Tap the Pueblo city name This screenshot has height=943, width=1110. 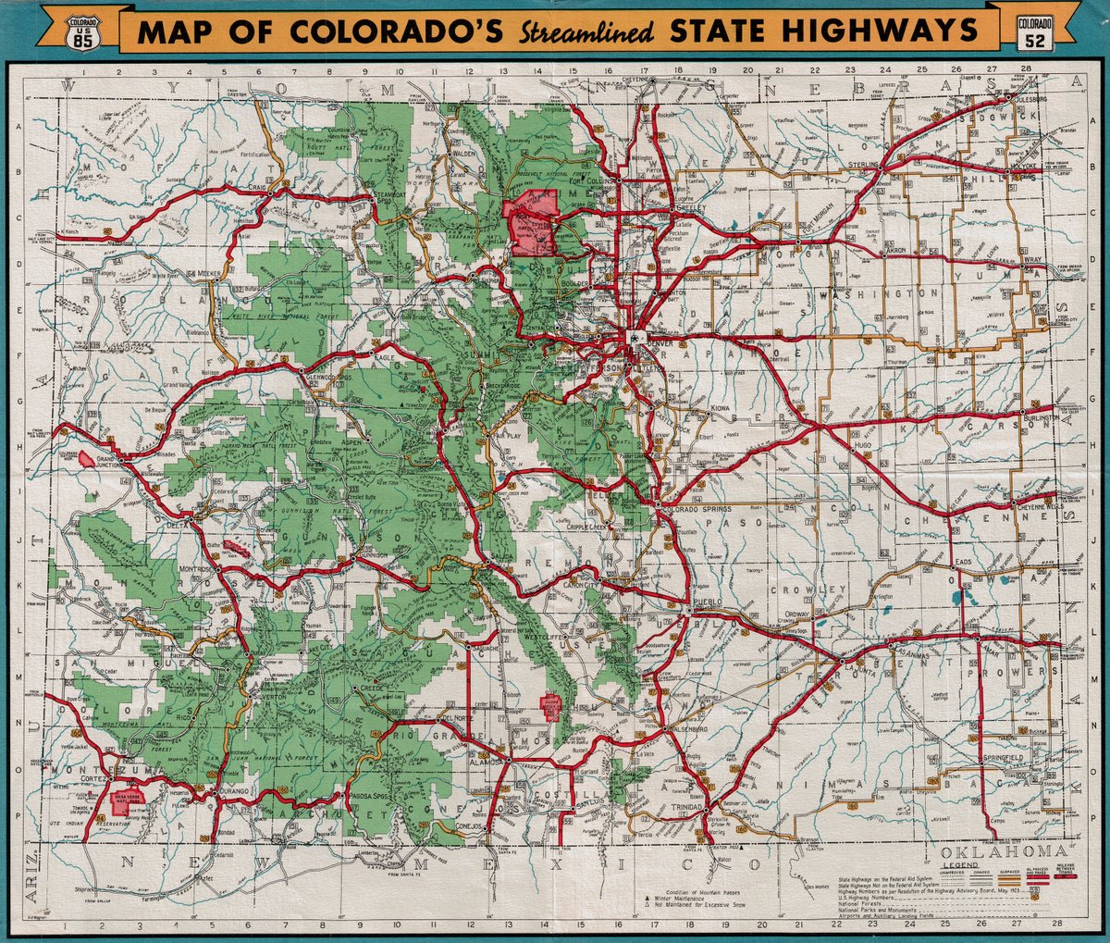(707, 602)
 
